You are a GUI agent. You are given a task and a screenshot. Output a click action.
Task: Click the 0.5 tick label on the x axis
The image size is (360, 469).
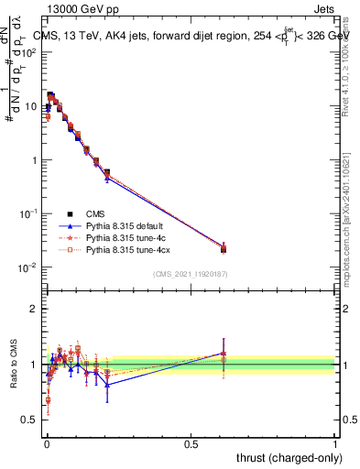click(x=190, y=443)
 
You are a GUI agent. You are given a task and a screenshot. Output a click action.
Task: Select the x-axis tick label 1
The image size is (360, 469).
click(x=335, y=443)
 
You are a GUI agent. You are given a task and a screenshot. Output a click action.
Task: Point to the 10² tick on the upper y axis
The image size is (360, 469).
click(x=29, y=52)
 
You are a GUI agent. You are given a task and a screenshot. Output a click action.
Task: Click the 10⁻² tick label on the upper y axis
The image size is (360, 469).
click(x=27, y=267)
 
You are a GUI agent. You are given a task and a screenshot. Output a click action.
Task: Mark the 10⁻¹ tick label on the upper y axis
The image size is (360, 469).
click(x=27, y=213)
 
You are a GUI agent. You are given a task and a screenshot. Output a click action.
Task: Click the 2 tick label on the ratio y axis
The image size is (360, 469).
click(x=32, y=309)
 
